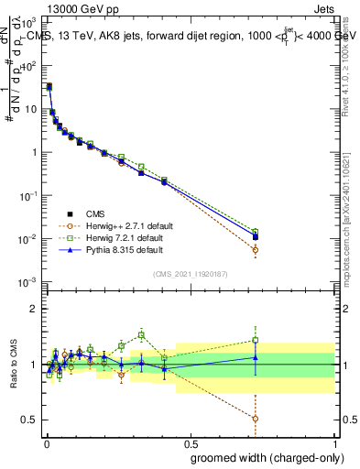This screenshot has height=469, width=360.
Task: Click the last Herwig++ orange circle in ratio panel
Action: click(x=256, y=418)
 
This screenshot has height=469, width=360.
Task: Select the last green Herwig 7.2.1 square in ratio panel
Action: click(x=256, y=340)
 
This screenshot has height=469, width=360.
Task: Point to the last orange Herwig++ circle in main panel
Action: click(x=256, y=249)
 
